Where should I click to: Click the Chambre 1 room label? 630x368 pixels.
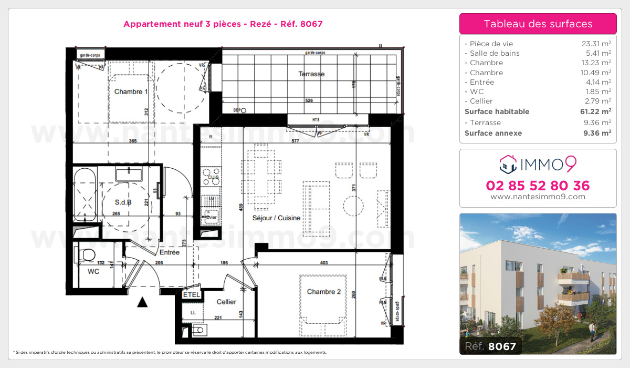point(131,91)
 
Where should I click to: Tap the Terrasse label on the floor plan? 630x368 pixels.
point(311,74)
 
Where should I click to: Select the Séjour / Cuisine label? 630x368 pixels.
point(277,218)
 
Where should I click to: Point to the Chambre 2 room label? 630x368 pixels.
point(324,292)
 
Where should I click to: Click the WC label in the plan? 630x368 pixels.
point(93,272)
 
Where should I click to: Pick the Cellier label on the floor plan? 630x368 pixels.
point(226,302)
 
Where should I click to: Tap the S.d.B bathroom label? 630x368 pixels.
point(123,202)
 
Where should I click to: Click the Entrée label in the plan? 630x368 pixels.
point(170,253)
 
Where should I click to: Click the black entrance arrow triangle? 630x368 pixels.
point(142,302)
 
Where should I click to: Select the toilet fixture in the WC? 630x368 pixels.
point(86,255)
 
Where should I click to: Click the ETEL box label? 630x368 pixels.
point(191,295)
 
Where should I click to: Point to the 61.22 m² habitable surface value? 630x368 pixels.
point(598,111)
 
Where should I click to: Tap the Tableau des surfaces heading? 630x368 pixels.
point(538,24)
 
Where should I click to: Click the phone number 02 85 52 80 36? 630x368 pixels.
point(538,186)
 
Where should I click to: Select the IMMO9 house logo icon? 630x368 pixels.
point(508,165)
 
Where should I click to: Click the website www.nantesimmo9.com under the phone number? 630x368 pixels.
point(538,197)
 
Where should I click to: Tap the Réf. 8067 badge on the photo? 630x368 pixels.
point(490,346)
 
